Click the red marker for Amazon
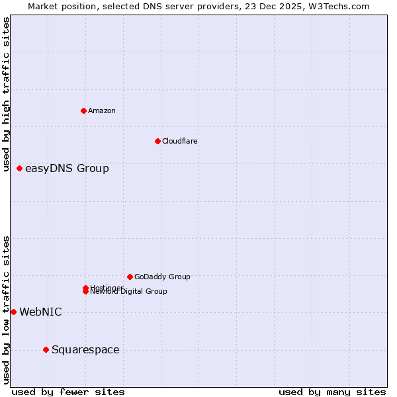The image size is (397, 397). coord(84,110)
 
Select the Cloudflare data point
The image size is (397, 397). coord(157,141)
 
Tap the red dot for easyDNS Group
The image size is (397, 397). coord(20,169)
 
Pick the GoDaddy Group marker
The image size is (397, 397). coord(130,277)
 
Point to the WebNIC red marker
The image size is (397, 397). coord(13,312)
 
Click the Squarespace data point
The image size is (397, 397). coord(46,349)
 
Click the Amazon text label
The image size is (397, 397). coord(102,110)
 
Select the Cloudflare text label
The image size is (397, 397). coord(180,141)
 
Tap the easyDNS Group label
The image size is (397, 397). coord(67,169)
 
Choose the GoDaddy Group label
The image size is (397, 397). coord(162,277)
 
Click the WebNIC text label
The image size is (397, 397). coord(40,312)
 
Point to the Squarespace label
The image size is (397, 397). coord(85,350)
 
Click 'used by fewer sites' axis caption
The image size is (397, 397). coord(68,392)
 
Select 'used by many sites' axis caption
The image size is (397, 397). coord(332,392)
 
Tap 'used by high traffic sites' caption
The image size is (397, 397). coord(7,95)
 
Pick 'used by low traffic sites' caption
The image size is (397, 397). coord(7,310)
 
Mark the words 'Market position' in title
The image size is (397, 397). coord(60,6)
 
